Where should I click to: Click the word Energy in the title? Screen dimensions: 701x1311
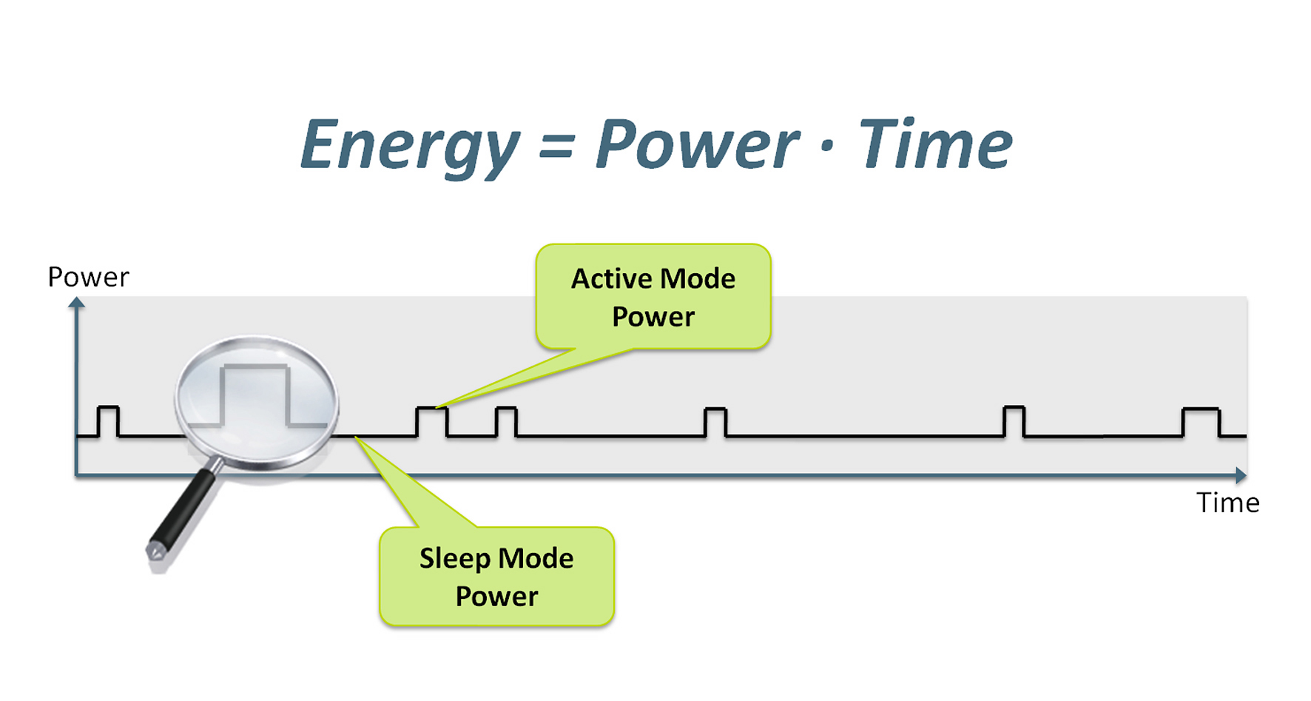click(x=409, y=146)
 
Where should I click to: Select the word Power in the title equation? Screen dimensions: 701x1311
click(x=696, y=146)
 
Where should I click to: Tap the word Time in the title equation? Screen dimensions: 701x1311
click(x=934, y=144)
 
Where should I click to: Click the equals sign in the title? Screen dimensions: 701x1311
click(x=556, y=146)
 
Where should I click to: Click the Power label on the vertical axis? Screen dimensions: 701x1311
click(x=88, y=278)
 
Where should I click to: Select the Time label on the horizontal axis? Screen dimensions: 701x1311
click(x=1227, y=503)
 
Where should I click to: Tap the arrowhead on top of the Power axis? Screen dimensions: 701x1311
click(x=76, y=302)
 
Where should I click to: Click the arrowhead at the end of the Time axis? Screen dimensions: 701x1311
click(x=1241, y=475)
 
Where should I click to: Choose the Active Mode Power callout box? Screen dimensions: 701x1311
click(x=653, y=297)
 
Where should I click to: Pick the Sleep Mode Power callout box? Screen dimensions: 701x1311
click(x=496, y=577)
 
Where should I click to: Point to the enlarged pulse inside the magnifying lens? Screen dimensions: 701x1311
click(x=255, y=392)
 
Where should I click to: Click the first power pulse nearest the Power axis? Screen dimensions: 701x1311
click(x=108, y=420)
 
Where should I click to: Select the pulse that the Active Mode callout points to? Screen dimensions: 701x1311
click(x=431, y=420)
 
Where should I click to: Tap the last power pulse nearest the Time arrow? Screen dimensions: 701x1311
click(x=1200, y=421)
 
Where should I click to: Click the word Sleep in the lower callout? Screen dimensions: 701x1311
click(x=454, y=559)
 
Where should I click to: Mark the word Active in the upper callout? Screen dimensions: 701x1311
click(x=611, y=279)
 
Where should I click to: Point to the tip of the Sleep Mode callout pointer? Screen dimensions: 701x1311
click(x=356, y=437)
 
